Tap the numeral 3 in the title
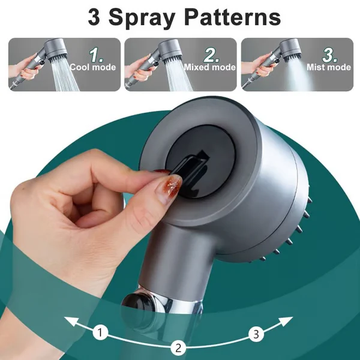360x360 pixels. point(95,17)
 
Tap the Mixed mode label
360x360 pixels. point(209,67)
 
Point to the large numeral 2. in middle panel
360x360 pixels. point(211,54)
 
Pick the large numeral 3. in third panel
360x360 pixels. point(329,54)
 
